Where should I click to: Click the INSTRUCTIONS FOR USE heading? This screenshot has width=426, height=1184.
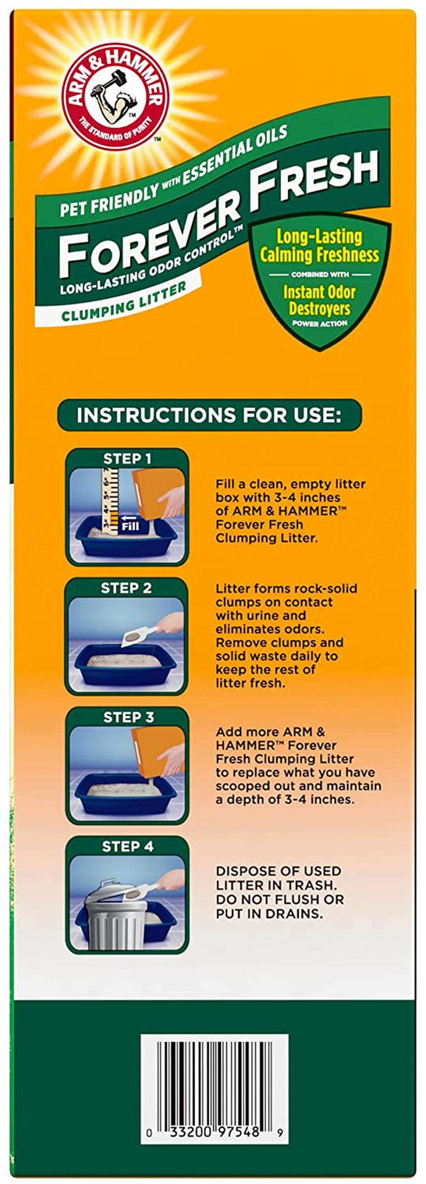click(209, 415)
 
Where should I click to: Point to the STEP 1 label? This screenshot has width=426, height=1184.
click(127, 459)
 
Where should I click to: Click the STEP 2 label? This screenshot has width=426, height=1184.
click(126, 588)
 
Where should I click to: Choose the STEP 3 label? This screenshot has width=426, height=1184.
click(128, 717)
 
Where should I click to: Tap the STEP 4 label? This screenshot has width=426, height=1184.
click(127, 846)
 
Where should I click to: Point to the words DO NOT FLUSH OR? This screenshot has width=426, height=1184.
click(280, 900)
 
